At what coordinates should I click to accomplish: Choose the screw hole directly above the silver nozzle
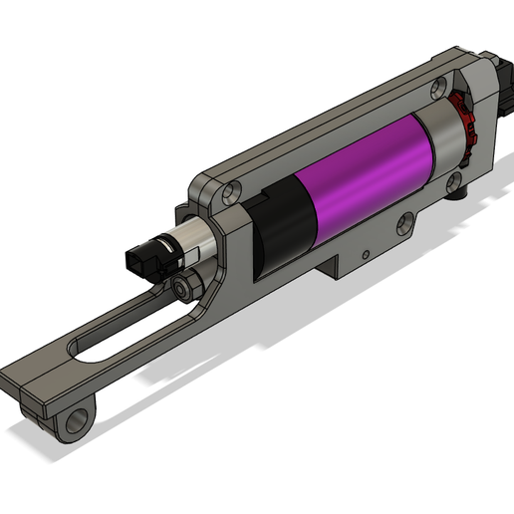click(x=231, y=189)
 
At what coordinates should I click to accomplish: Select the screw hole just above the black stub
click(x=453, y=180)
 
